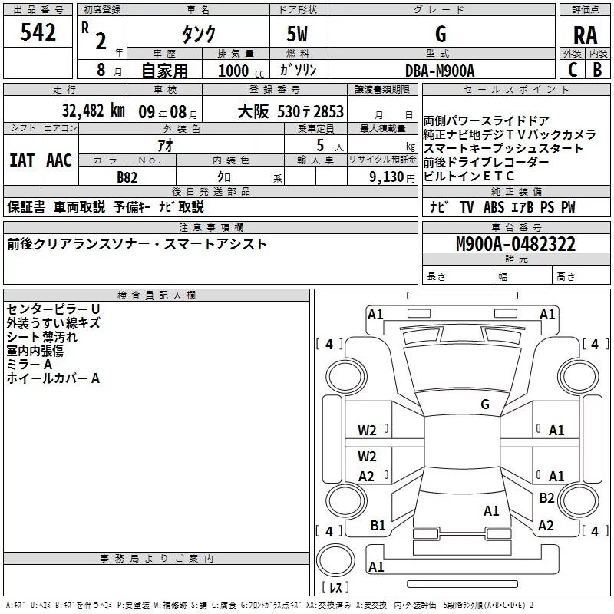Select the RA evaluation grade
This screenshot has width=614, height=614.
[585, 35]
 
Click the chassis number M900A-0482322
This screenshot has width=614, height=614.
[516, 244]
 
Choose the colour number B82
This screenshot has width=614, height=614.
[128, 177]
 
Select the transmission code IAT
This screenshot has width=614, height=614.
[22, 160]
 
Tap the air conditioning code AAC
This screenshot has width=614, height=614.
[59, 160]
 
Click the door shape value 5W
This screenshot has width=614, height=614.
[299, 35]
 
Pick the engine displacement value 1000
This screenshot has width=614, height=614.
[233, 71]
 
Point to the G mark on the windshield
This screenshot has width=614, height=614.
[484, 404]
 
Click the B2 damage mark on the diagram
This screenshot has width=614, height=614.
[546, 497]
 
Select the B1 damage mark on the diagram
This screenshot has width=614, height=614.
[378, 525]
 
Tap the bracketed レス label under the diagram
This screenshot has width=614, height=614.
[335, 589]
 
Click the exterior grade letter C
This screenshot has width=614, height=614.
[572, 70]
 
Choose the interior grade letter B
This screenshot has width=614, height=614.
[597, 70]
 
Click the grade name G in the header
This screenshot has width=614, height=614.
[440, 35]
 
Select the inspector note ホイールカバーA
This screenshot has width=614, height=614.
[53, 378]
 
